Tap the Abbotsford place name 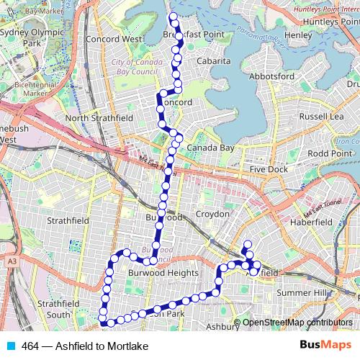(271, 76)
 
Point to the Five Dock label (269, 169)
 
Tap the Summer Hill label (302, 293)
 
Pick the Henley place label (299, 35)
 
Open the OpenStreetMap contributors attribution (297, 323)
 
